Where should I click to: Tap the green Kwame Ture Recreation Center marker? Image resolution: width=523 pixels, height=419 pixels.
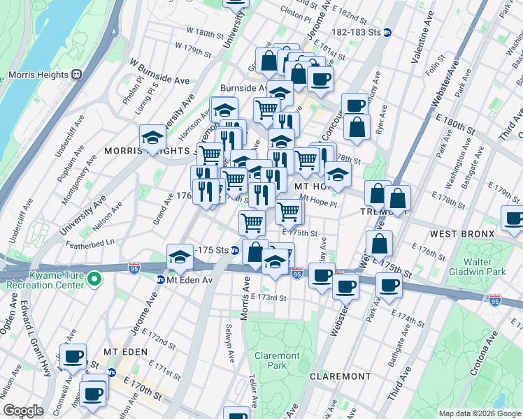[96, 281]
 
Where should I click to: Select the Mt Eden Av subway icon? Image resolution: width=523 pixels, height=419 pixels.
[160, 280]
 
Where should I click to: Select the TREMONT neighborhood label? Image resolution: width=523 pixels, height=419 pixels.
[378, 211]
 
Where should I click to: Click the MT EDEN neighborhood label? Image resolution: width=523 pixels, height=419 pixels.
[123, 351]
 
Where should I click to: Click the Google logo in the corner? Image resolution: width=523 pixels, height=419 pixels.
[23, 411]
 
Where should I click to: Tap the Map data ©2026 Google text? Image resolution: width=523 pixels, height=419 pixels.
[479, 413]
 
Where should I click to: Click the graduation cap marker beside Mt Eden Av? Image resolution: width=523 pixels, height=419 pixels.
[180, 257]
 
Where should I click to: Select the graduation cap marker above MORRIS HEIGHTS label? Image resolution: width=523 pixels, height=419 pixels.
[152, 137]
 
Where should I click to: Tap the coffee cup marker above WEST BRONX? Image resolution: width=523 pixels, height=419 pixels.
[513, 218]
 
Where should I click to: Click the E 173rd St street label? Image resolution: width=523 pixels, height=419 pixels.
[269, 297]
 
